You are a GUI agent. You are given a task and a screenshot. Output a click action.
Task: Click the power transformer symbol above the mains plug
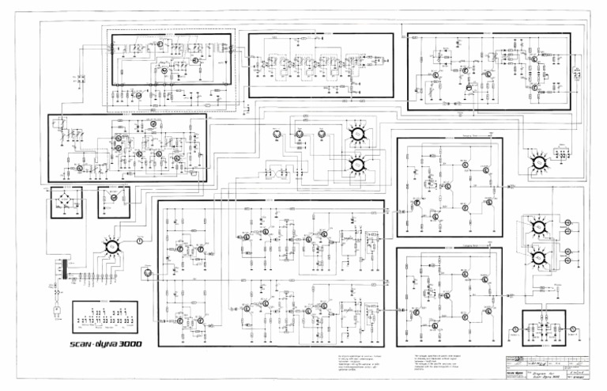pyautogui.click(x=58, y=270)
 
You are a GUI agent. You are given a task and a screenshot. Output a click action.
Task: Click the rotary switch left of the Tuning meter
pyautogui.click(x=111, y=247)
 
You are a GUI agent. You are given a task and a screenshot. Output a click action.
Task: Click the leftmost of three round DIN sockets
pyautogui.click(x=277, y=135)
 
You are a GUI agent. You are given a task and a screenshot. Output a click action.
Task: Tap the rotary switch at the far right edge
pyautogui.click(x=539, y=162)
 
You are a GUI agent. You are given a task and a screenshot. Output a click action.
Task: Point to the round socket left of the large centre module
pyautogui.click(x=147, y=274)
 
